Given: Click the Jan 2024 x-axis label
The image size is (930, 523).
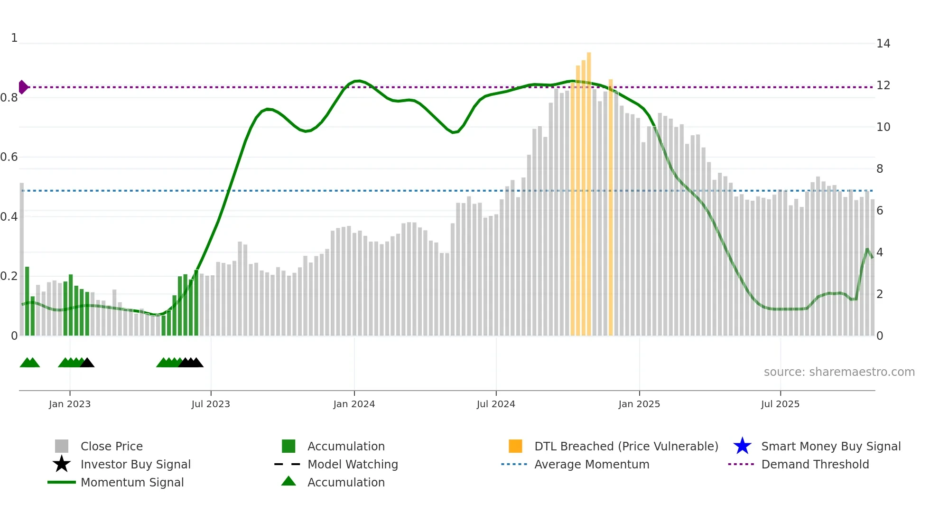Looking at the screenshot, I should click(354, 404).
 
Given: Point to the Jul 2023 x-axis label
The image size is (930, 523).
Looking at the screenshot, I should click(211, 404).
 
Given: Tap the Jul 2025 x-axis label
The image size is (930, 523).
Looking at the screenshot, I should click(780, 404).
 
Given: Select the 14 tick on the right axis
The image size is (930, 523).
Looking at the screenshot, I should click(883, 44).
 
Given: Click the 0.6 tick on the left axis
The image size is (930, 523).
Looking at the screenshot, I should click(9, 157).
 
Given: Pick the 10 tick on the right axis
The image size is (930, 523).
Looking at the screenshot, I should click(883, 127).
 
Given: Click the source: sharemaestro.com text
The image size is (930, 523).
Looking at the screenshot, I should click(839, 372).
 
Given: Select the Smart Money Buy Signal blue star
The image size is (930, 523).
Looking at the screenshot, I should click(742, 446).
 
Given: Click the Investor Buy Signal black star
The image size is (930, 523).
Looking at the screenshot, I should click(62, 464).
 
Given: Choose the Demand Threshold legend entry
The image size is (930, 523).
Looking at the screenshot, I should click(815, 464).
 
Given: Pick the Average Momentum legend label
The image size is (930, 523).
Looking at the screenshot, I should click(592, 464).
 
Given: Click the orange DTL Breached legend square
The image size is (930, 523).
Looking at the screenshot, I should click(515, 446).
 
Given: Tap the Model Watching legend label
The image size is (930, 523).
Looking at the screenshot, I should click(353, 464).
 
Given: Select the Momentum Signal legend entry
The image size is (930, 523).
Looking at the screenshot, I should click(132, 482).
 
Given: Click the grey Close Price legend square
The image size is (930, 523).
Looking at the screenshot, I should click(62, 446).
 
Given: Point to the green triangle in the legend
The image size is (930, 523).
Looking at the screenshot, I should click(288, 481).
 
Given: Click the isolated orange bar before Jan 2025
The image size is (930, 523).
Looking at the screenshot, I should click(611, 209).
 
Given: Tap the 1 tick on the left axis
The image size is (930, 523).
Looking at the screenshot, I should click(14, 38).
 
